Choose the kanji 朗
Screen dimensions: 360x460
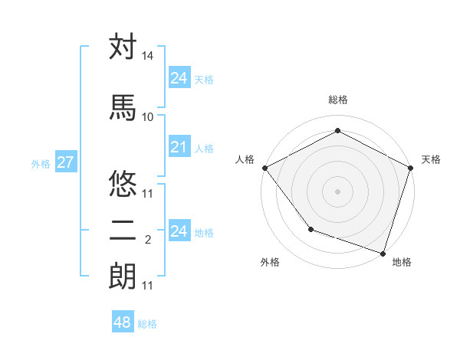click(x=123, y=276)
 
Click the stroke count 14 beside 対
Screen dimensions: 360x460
click(x=148, y=57)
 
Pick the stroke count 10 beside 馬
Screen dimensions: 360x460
click(x=148, y=116)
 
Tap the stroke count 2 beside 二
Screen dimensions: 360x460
click(x=148, y=240)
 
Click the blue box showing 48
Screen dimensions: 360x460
click(x=123, y=322)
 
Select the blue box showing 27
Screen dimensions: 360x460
click(x=65, y=162)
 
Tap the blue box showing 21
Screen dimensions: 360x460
click(x=179, y=147)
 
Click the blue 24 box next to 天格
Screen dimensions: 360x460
click(x=179, y=78)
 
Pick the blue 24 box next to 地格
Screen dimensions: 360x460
click(x=179, y=231)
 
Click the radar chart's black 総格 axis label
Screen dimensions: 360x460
click(x=337, y=100)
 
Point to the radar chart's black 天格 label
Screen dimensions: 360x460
click(x=431, y=159)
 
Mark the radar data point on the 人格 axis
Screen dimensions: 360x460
click(x=264, y=168)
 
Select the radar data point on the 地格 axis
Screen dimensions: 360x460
click(x=383, y=253)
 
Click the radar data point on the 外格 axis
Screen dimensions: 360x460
click(x=310, y=228)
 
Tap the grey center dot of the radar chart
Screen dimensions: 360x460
click(x=337, y=191)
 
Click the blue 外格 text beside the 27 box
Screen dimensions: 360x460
click(x=41, y=163)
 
